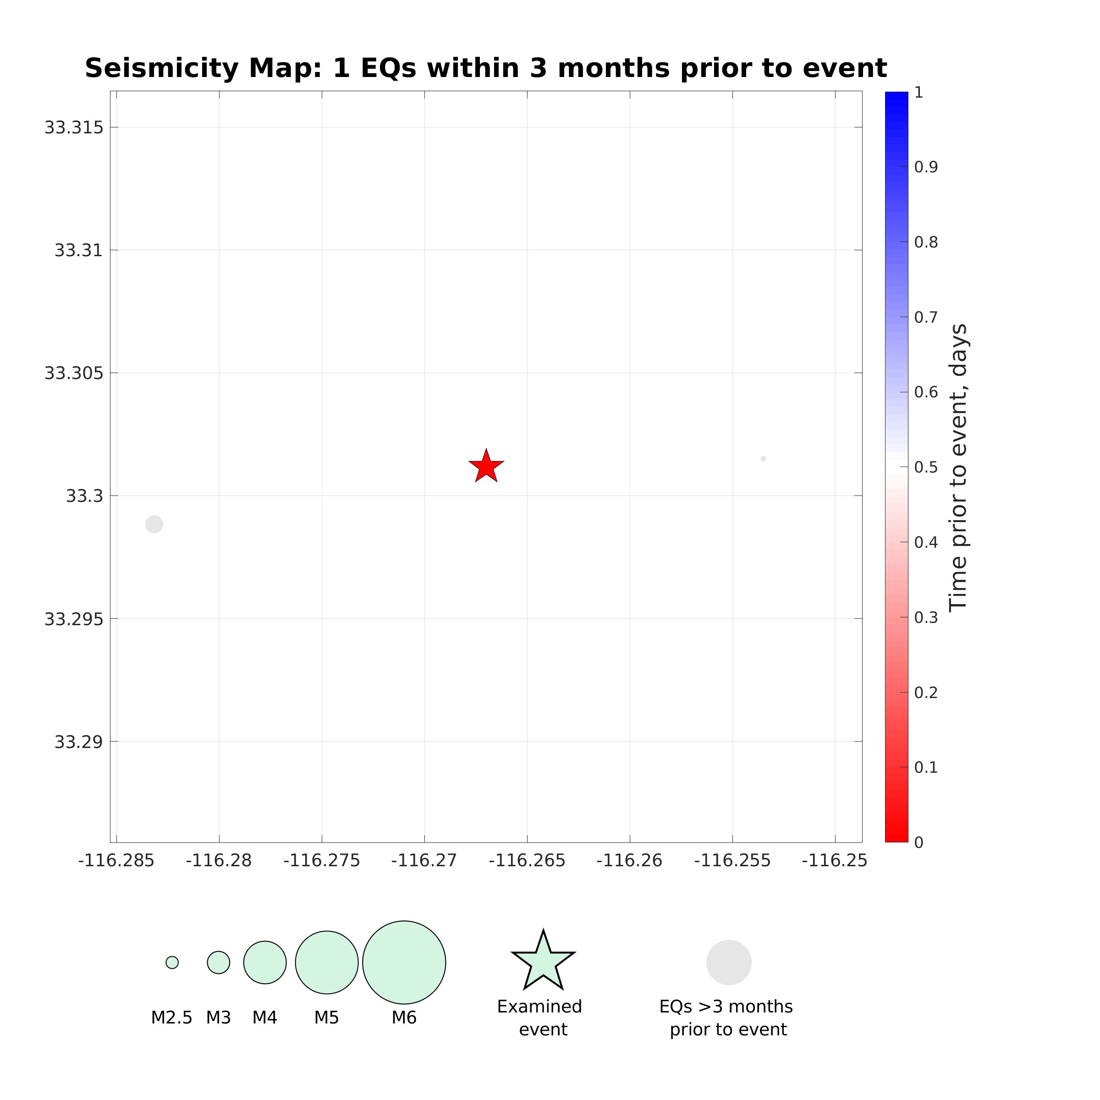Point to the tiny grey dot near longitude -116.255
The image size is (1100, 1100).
(764, 459)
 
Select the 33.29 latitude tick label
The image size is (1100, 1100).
(79, 742)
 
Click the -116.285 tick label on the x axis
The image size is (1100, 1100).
(116, 860)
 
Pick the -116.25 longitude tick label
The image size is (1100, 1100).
(835, 860)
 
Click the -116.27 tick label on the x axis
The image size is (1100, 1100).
(424, 860)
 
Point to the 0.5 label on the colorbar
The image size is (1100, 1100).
(926, 467)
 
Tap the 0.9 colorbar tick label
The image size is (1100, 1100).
(926, 167)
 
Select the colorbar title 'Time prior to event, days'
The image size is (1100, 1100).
(959, 467)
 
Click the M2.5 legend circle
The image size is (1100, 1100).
(172, 962)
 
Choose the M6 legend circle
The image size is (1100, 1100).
(404, 962)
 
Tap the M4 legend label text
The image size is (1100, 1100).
(265, 1017)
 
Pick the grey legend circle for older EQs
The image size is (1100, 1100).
(729, 962)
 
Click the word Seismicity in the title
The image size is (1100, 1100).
(162, 69)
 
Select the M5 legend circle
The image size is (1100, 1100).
(327, 962)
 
